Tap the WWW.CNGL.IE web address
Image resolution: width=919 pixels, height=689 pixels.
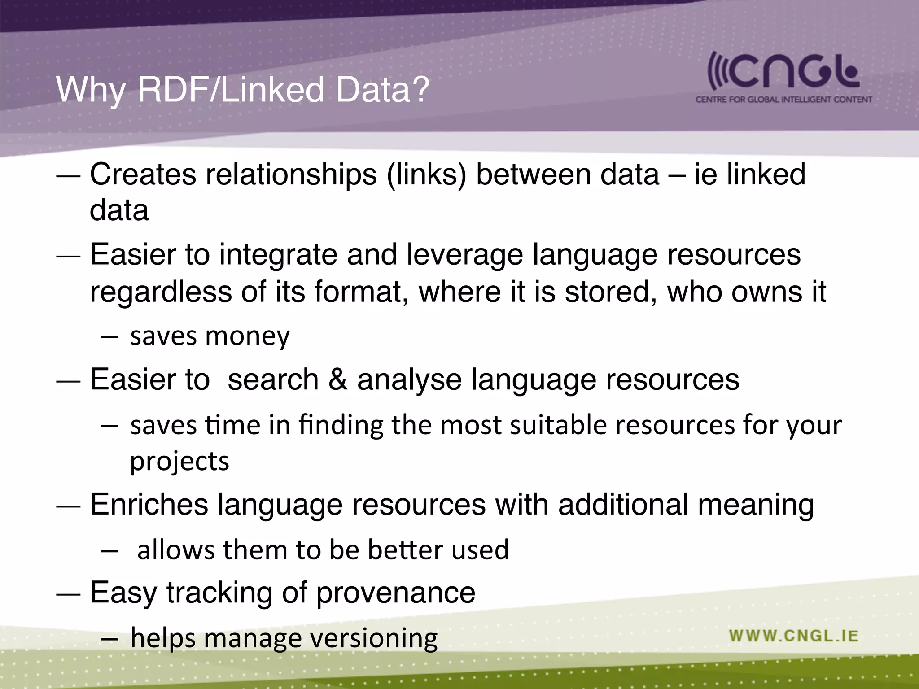(x=793, y=636)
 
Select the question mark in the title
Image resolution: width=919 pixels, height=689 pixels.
(x=420, y=90)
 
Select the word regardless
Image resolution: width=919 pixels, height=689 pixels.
(x=161, y=292)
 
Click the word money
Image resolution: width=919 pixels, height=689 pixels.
(x=247, y=336)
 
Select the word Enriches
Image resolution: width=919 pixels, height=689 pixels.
(x=149, y=504)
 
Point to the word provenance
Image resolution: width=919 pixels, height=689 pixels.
(x=396, y=593)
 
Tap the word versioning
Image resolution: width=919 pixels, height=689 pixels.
(x=374, y=639)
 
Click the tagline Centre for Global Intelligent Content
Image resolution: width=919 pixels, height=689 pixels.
(x=783, y=99)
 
